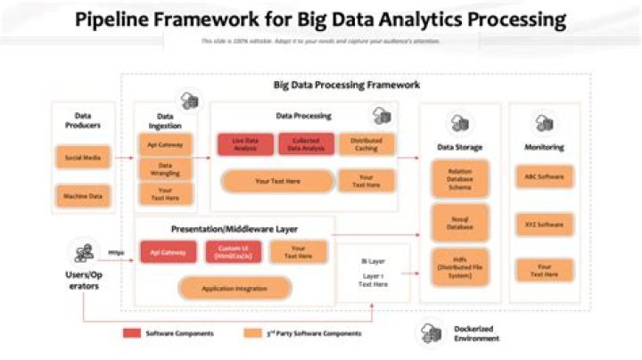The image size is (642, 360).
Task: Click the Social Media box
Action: [x=83, y=159]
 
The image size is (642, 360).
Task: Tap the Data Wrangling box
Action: [x=166, y=169]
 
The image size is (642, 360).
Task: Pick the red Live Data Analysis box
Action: [x=245, y=144]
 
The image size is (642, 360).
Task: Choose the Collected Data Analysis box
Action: [x=306, y=144]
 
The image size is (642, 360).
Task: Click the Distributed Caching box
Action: [x=366, y=144]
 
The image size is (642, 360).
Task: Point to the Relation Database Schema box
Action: [x=460, y=178]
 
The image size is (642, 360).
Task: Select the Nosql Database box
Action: [x=460, y=222]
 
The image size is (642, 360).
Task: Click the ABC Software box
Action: [x=544, y=176]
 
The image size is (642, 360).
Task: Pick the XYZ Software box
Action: [x=544, y=224]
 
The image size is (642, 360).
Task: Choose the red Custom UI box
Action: [x=233, y=252]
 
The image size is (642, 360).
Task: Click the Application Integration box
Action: [x=235, y=288]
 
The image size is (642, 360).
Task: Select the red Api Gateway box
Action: [x=168, y=252]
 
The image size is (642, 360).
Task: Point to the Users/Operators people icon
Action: [x=85, y=252]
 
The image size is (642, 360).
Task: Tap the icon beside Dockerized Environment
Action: [x=432, y=333]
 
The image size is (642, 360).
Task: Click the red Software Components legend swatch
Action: [x=131, y=333]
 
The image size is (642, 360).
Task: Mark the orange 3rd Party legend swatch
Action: [x=251, y=333]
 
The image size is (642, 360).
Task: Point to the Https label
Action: [x=116, y=252]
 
